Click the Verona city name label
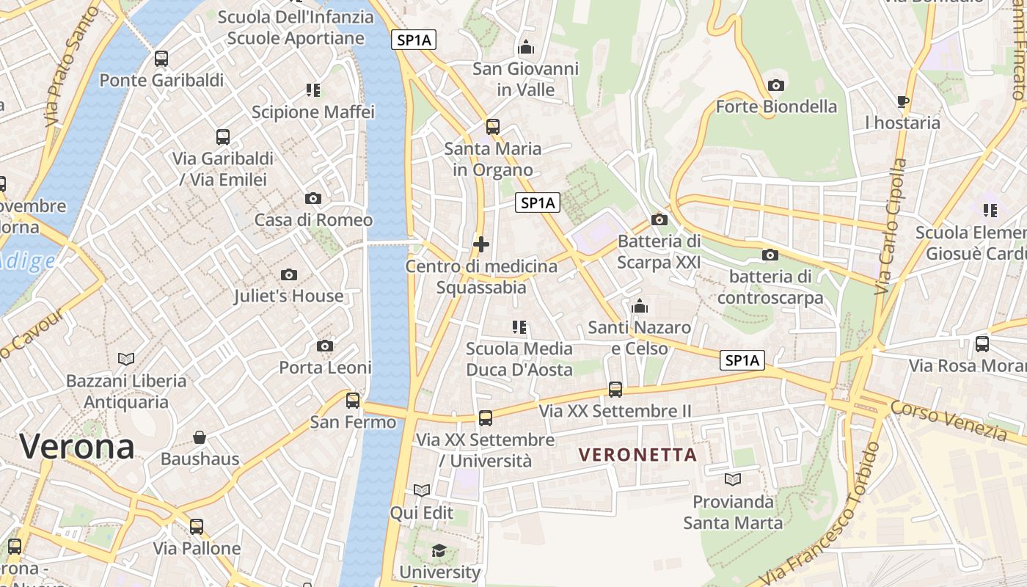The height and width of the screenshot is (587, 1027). (x=77, y=446)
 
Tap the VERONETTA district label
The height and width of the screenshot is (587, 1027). (x=637, y=455)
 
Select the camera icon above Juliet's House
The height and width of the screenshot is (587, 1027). (x=289, y=274)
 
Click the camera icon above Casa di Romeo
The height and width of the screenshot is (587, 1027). (x=313, y=198)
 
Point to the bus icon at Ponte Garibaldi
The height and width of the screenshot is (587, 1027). (x=161, y=59)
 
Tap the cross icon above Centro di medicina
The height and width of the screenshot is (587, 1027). (x=481, y=244)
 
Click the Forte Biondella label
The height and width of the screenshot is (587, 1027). (x=776, y=106)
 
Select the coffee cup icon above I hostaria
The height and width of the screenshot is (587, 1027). (x=902, y=101)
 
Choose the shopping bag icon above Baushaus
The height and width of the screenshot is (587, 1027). (x=200, y=438)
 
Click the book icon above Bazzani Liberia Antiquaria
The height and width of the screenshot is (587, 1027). (x=126, y=359)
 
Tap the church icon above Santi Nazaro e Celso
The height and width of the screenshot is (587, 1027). (x=640, y=306)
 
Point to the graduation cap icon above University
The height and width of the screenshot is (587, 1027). (x=439, y=550)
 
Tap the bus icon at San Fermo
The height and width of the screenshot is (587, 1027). (x=353, y=401)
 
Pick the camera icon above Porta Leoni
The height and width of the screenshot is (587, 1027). (x=325, y=346)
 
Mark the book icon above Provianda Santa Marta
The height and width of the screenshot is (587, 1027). (x=732, y=480)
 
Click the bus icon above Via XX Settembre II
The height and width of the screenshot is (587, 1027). (x=615, y=390)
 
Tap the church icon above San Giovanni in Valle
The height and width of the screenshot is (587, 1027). (x=526, y=48)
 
